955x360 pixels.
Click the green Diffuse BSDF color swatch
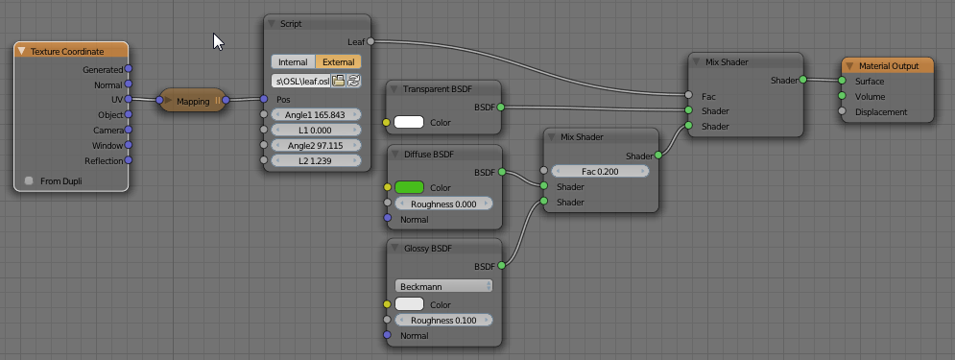(x=410, y=187)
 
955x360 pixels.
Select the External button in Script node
(x=338, y=61)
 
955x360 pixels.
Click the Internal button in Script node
(x=293, y=61)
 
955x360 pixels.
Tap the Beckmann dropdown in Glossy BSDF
(x=443, y=286)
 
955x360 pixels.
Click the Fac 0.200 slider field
(x=601, y=171)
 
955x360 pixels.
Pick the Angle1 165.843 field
(x=317, y=114)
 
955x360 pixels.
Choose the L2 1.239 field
(x=317, y=160)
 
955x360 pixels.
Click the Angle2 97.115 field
(x=317, y=145)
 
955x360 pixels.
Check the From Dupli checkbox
(x=29, y=180)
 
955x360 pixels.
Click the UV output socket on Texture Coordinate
(x=129, y=99)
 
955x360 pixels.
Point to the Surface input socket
(x=842, y=82)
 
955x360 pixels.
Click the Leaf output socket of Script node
(x=370, y=41)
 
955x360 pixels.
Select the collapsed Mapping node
(x=193, y=100)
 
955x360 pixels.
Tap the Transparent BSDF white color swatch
(x=410, y=122)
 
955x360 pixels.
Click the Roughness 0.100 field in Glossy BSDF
(x=443, y=320)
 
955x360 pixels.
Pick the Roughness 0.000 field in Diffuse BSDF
(x=443, y=204)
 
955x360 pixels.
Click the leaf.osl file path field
(x=300, y=81)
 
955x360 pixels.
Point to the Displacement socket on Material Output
(x=842, y=112)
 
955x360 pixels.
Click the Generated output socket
(x=129, y=69)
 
